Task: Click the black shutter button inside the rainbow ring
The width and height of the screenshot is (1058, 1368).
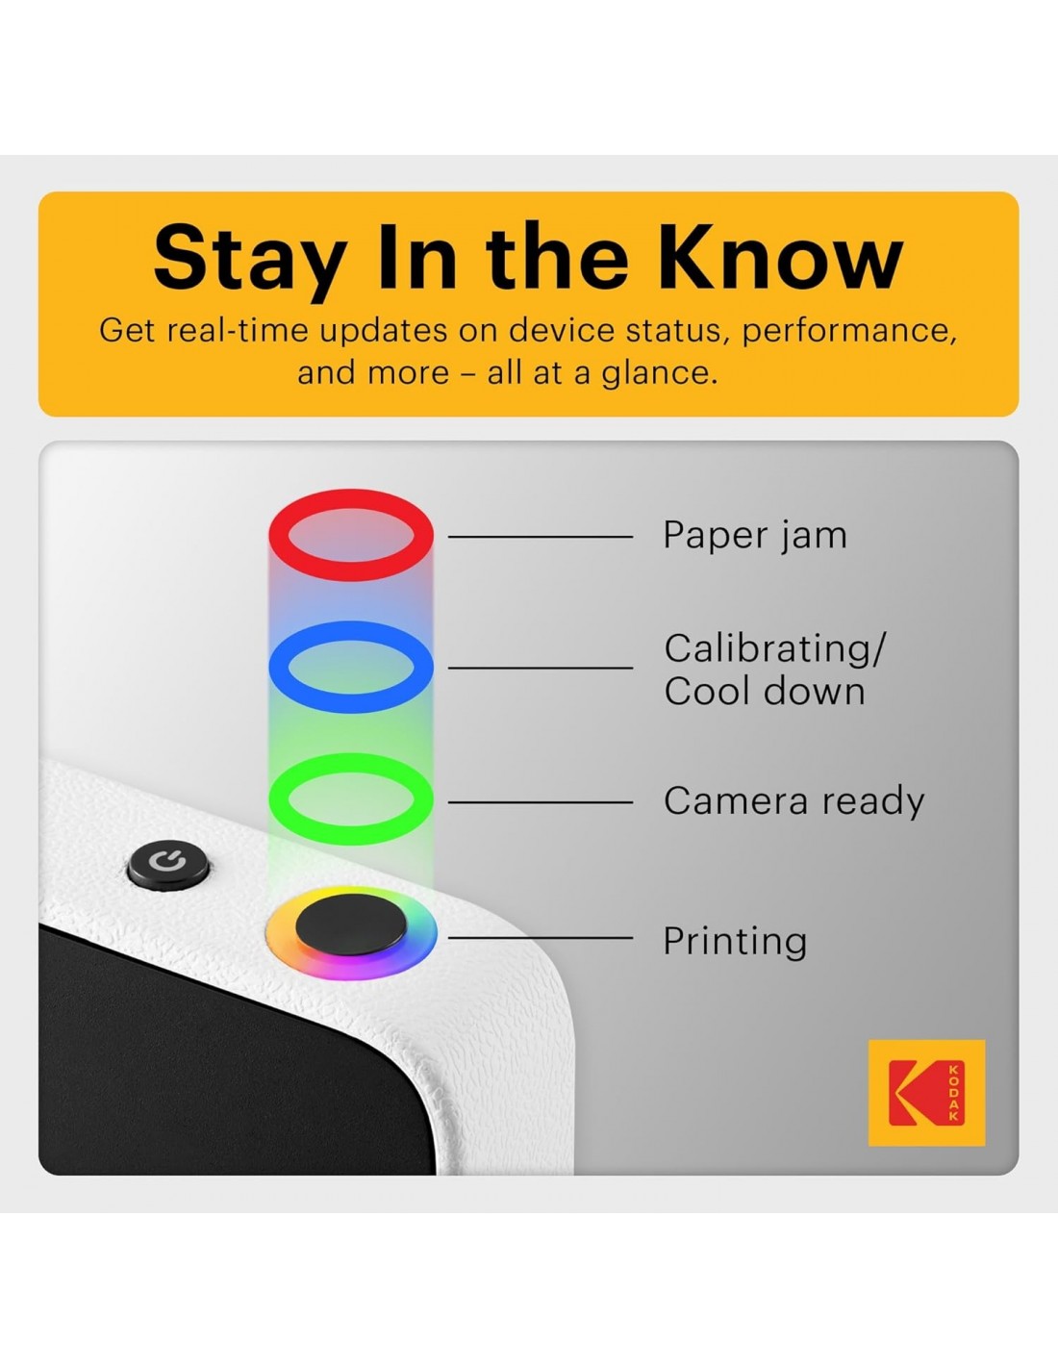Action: tap(351, 925)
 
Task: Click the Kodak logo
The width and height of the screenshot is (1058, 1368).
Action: tap(926, 1092)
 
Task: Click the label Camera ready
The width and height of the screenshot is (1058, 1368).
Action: tap(793, 800)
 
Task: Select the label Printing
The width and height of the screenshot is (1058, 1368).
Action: tap(735, 942)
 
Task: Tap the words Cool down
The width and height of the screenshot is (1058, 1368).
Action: tap(764, 692)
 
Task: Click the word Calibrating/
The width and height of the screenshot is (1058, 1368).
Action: tap(774, 649)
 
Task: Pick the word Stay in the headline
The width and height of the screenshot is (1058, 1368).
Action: tap(249, 261)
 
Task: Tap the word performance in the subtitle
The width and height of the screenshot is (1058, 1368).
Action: tap(849, 332)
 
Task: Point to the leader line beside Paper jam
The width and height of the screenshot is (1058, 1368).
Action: tap(540, 537)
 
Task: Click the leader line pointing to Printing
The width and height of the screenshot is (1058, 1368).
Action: tap(540, 937)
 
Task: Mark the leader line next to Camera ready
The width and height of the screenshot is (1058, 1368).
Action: tap(540, 802)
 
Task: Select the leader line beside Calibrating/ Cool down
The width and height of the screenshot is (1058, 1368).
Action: tap(540, 668)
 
